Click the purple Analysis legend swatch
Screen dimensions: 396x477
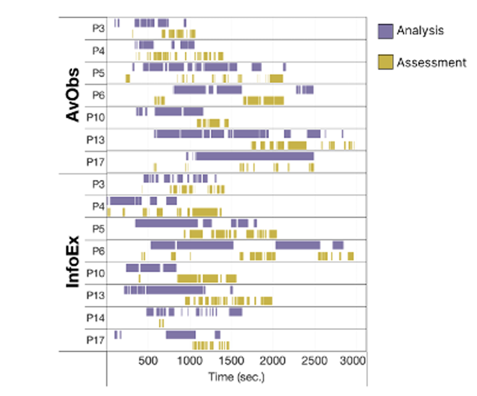click(x=386, y=30)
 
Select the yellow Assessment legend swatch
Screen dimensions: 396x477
click(x=386, y=62)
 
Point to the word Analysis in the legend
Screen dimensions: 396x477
click(x=420, y=30)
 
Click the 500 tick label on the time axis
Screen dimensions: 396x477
click(x=148, y=360)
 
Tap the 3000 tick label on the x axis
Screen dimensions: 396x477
click(x=354, y=360)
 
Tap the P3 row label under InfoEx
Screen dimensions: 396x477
click(x=96, y=183)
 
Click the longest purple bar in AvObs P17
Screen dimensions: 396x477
click(x=254, y=156)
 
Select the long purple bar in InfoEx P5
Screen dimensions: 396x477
click(x=166, y=223)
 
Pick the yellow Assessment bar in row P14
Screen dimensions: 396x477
click(x=161, y=323)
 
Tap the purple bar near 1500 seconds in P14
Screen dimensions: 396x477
click(x=235, y=312)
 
